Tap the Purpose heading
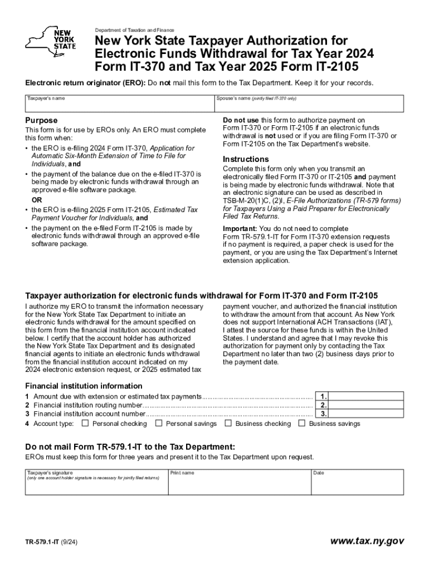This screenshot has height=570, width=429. (x=41, y=120)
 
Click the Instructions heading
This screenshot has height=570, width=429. (x=246, y=159)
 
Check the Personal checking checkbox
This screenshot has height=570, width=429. (x=85, y=424)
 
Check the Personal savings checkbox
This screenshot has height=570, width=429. (x=159, y=424)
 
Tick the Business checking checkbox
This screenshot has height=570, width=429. (x=228, y=424)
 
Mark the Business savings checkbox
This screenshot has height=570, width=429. (x=302, y=424)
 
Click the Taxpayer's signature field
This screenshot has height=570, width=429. (x=96, y=483)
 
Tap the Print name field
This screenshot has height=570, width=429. (x=240, y=483)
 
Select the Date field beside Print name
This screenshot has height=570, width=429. (x=357, y=483)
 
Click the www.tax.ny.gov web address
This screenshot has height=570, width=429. (x=367, y=541)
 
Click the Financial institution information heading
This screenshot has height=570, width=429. (x=84, y=386)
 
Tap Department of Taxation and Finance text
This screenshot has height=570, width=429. (x=134, y=30)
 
